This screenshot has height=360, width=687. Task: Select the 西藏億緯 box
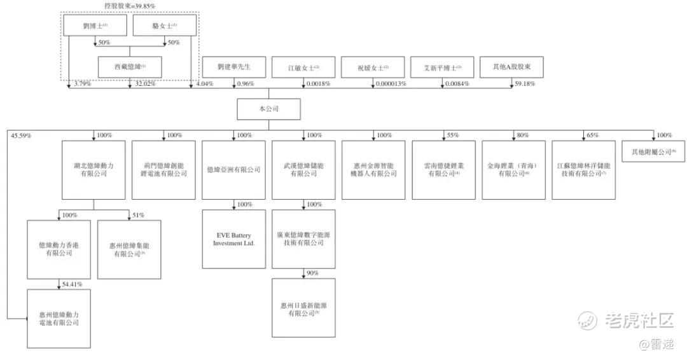coord(130,67)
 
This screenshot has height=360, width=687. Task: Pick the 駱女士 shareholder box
coord(165,25)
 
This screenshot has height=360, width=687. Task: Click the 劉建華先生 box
coord(233,67)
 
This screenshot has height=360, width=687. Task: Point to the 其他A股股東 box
coord(512,67)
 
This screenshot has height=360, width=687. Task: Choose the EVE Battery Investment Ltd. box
coord(233,239)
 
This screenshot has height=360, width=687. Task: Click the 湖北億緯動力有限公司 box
coord(94,170)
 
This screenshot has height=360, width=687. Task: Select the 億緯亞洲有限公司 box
coord(233,170)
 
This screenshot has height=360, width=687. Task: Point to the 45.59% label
coord(21,135)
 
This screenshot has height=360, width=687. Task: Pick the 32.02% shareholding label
coord(144,84)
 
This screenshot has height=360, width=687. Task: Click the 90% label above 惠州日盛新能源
coord(312,273)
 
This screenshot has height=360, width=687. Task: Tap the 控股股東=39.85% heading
coord(130,6)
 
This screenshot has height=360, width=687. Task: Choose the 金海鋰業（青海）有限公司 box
coord(513,170)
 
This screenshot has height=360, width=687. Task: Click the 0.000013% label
coord(391,84)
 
